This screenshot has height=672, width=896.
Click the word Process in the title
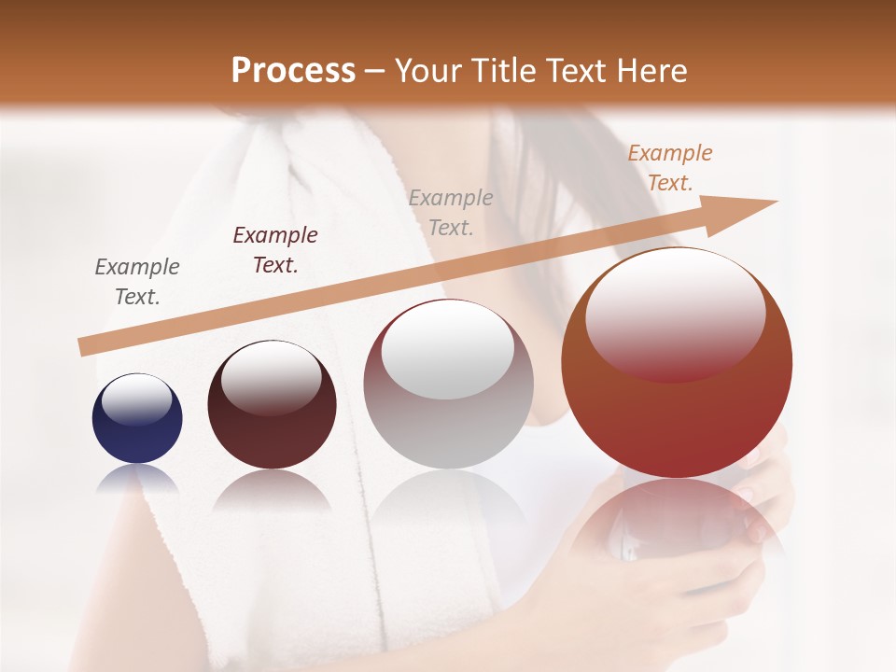293,71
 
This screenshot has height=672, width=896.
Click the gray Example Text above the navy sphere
137,282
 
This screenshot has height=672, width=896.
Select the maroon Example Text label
275,249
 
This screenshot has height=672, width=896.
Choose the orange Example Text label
670,168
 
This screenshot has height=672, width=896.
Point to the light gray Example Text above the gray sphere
451,212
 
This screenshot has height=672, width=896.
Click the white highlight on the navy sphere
136,399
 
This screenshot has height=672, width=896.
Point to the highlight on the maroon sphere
271,376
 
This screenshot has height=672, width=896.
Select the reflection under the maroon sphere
271,490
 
